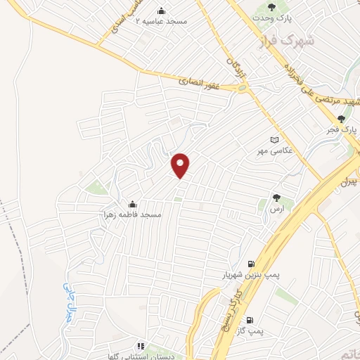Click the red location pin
181,165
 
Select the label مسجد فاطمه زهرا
132,214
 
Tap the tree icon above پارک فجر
342,119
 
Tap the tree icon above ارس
276,198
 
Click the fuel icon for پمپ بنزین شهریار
251,264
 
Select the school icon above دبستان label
139,345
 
